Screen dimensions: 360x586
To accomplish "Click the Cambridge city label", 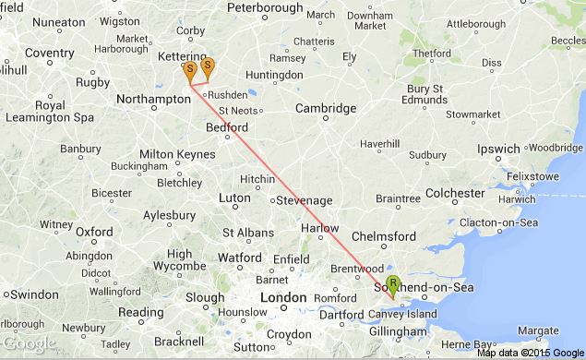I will (326, 109).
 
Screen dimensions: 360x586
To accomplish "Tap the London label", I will (283, 297).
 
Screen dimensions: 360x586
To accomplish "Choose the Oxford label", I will (94, 232).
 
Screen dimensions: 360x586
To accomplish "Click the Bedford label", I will (228, 127).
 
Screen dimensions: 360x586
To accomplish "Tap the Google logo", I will (30, 344).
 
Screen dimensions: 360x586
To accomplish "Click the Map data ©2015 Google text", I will (530, 352).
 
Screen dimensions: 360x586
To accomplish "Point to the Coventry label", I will (49, 54).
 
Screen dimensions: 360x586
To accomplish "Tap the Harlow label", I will (320, 228).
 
